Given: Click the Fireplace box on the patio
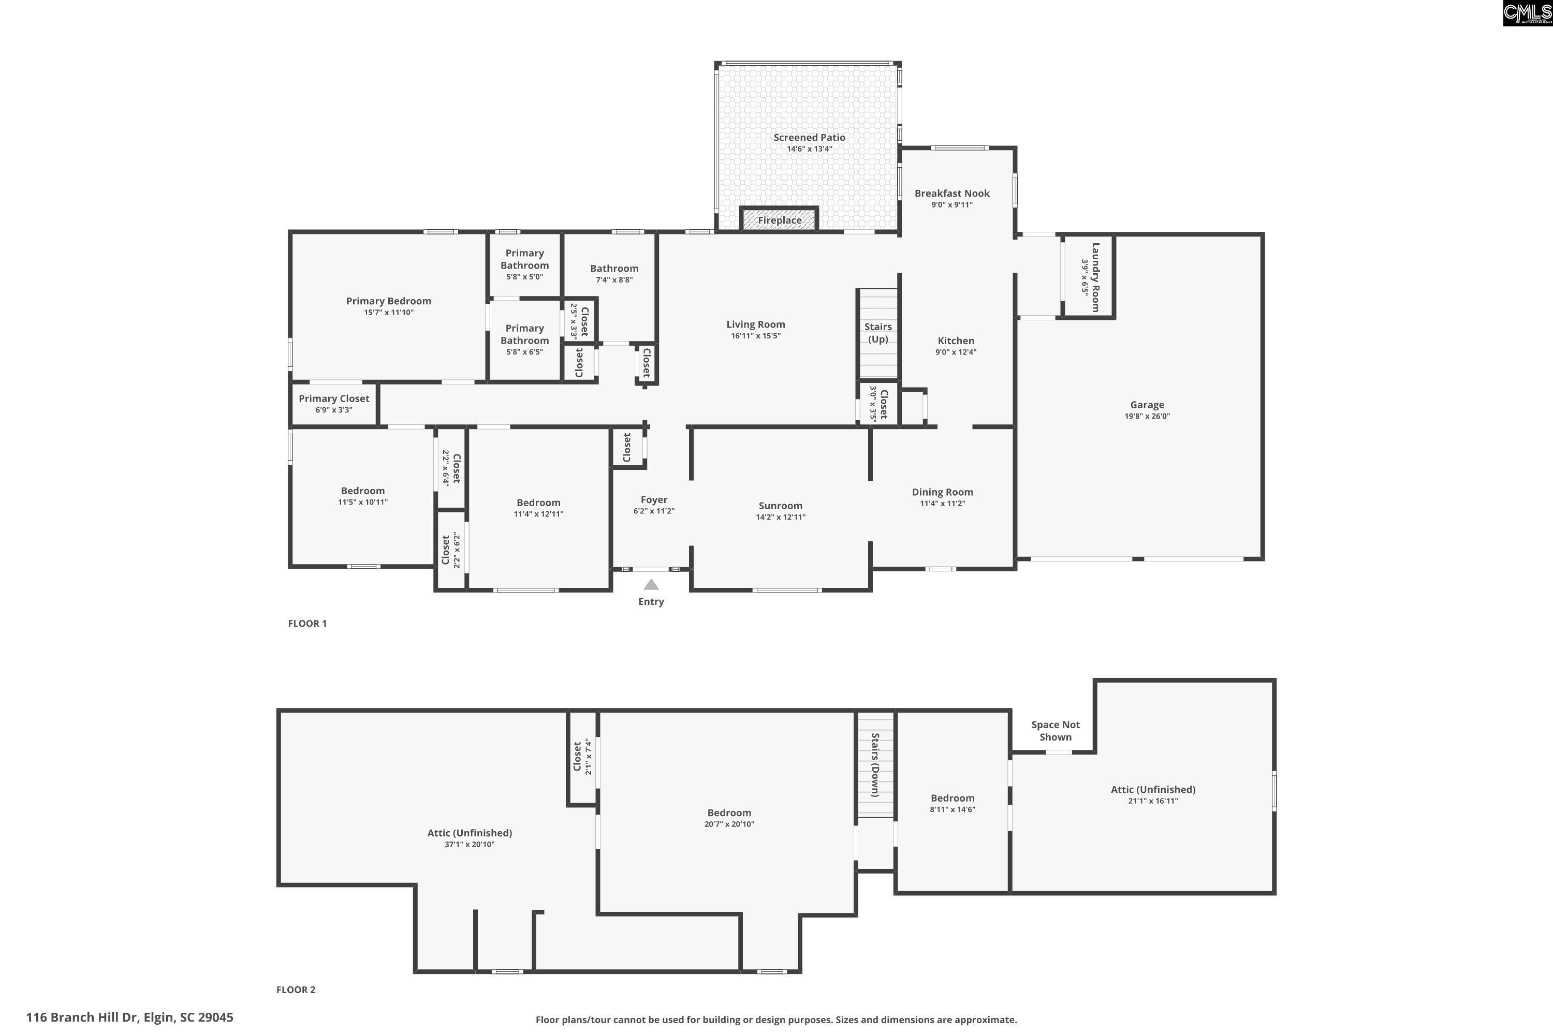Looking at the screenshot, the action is pos(779,219).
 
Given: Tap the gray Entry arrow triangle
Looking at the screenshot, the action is pos(651,584).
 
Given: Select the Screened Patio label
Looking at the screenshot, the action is pos(810,137).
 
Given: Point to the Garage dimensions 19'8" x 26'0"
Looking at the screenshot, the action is pos(1147,417).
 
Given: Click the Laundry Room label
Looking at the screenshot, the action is pos(1095,277).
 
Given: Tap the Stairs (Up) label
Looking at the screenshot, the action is pos(878,333).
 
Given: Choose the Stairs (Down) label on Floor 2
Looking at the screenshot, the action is pos(875,765).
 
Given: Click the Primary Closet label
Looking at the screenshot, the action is pos(334,398).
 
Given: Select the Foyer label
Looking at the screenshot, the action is pos(654,500).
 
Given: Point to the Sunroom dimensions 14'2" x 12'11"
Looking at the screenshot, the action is pos(781,517).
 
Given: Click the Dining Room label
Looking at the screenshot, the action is pos(942,492).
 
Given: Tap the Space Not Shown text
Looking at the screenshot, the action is pos(1055,731).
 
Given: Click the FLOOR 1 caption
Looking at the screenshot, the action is pos(307,623).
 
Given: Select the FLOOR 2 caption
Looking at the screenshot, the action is pos(296,989).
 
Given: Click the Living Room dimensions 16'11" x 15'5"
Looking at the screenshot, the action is pos(755,336).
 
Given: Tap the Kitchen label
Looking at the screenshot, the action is pos(956,341).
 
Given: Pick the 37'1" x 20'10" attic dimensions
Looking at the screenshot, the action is pos(470,844).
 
